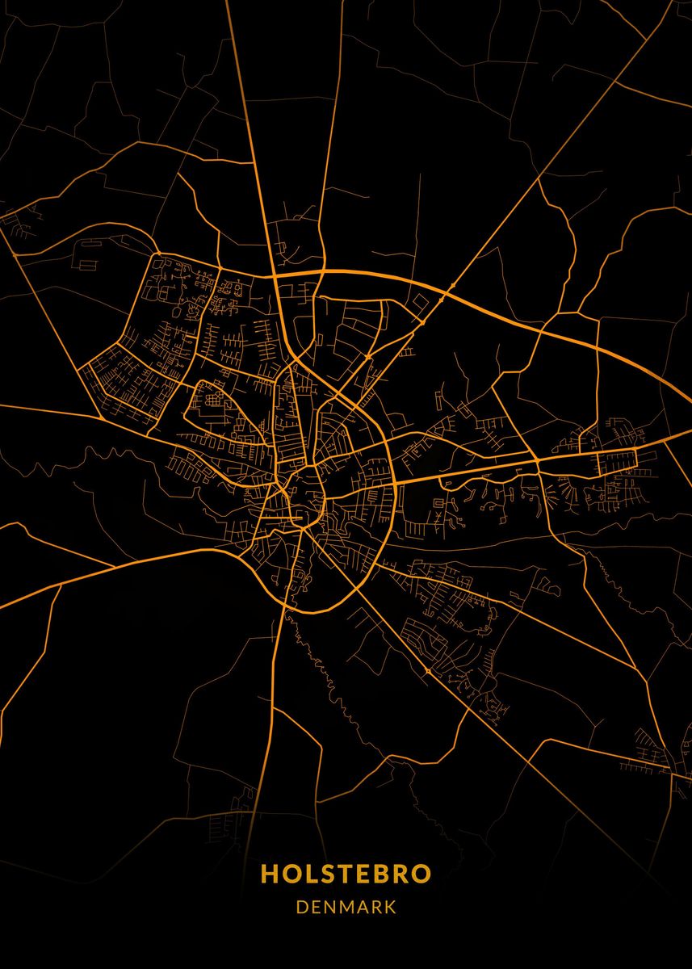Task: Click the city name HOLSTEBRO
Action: coord(346,874)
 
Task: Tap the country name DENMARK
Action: coord(346,907)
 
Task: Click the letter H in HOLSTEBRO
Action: coord(269,874)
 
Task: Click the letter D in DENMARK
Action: coord(302,907)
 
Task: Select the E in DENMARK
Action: coord(317,907)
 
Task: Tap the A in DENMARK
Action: coord(363,907)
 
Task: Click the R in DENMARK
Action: coord(377,907)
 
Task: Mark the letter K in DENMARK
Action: coord(391,907)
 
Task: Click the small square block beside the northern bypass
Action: coord(421,302)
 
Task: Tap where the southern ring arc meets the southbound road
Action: coord(285,604)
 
